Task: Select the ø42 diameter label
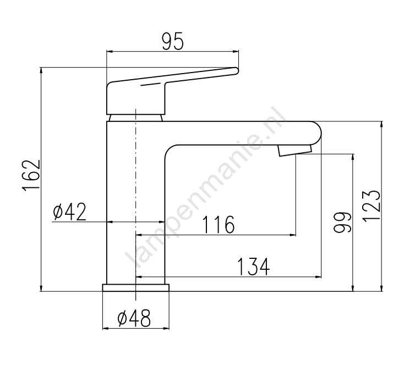click(x=69, y=212)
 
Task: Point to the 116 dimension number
click(x=219, y=225)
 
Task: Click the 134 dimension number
click(x=254, y=267)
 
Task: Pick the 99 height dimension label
click(x=342, y=223)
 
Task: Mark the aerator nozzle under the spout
click(x=294, y=151)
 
